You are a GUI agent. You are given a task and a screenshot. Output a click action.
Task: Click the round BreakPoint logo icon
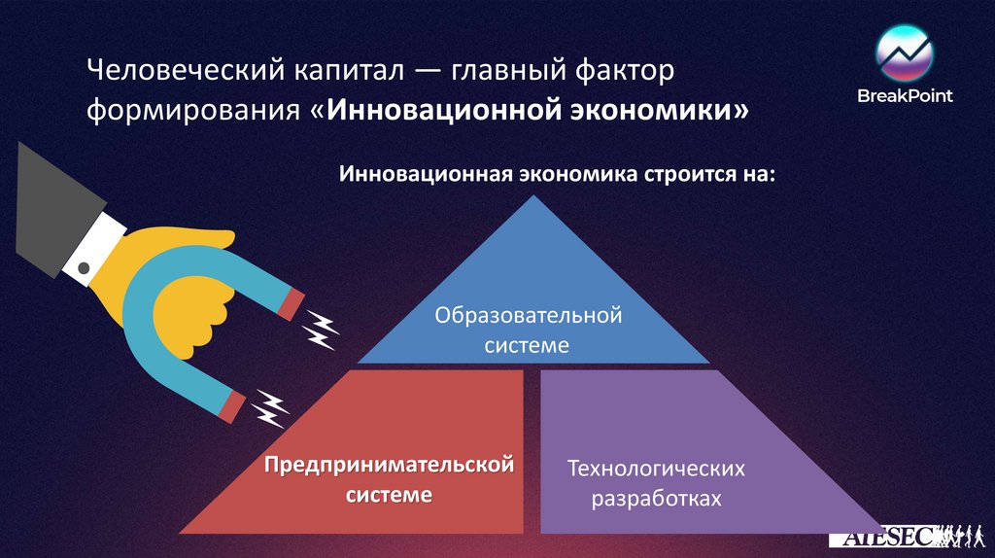click(x=904, y=54)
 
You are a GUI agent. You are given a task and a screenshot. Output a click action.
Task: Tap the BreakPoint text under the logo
click(x=904, y=95)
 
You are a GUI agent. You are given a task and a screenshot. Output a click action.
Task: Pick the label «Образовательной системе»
click(x=528, y=330)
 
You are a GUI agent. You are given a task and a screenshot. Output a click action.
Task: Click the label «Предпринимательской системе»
click(x=390, y=479)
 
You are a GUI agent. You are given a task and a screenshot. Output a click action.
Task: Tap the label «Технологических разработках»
click(x=657, y=483)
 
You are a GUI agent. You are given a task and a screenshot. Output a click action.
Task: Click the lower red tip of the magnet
click(x=232, y=405)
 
